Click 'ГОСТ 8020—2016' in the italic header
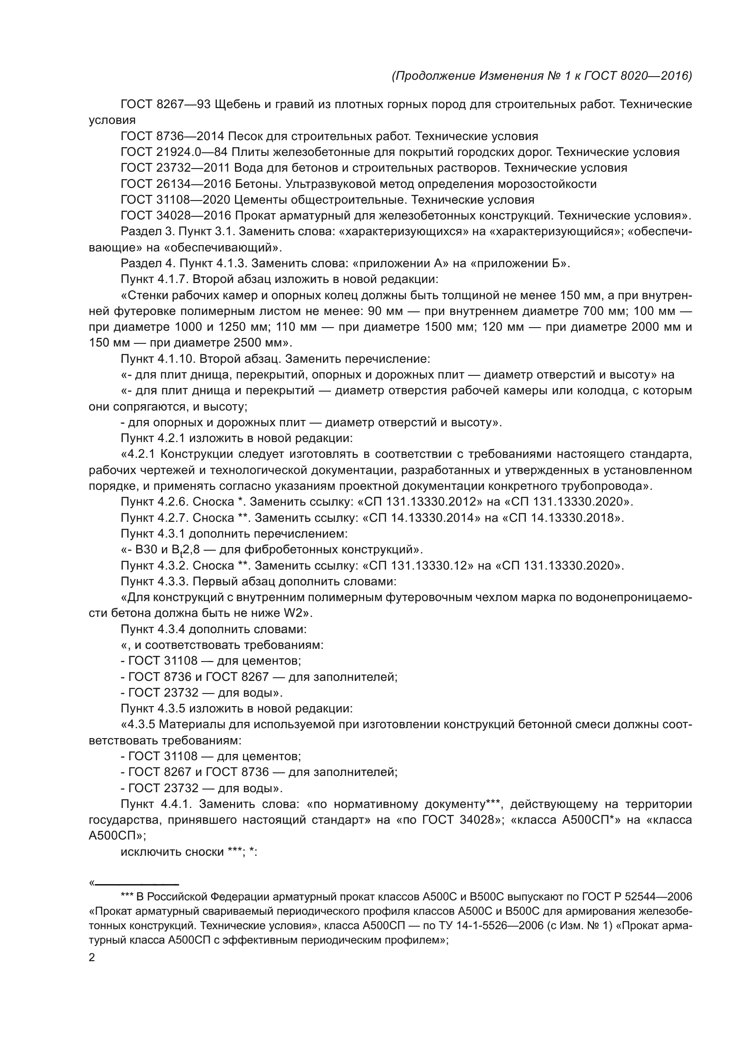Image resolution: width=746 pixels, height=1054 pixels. (x=638, y=76)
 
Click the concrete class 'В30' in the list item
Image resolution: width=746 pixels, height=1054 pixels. (x=147, y=549)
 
